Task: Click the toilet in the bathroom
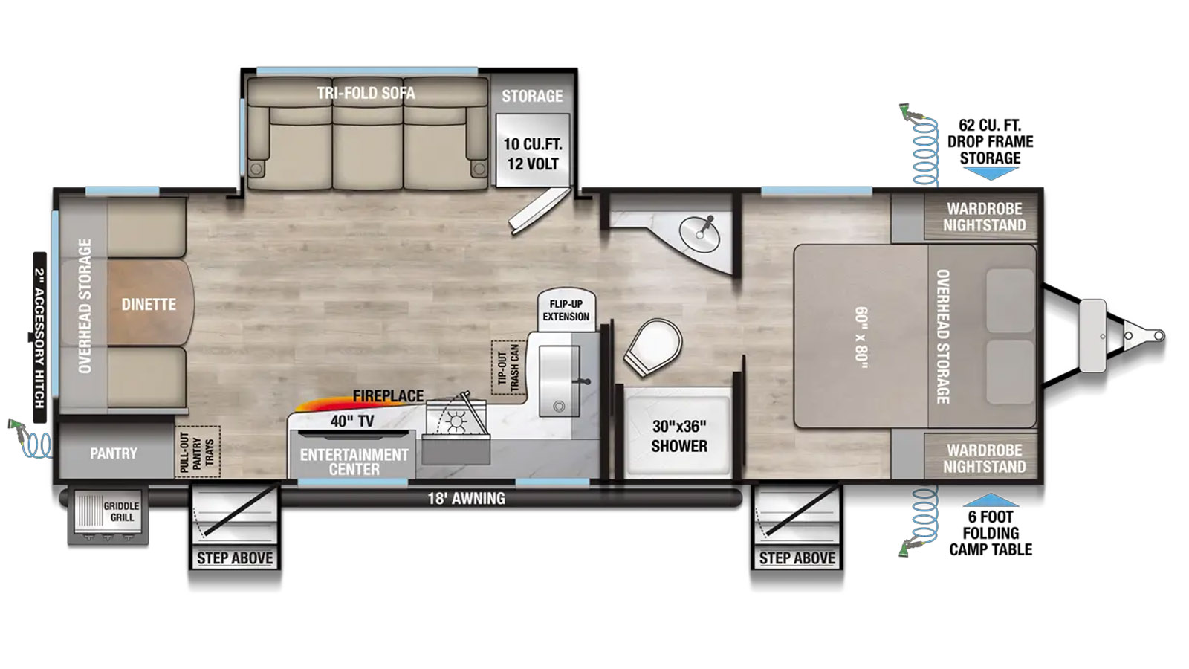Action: point(653,346)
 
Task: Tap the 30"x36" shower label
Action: point(679,436)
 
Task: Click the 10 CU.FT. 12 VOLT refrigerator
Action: point(532,149)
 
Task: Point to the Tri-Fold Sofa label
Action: point(366,93)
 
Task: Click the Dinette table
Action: point(150,303)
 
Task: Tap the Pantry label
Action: point(113,453)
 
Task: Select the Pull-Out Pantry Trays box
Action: point(198,452)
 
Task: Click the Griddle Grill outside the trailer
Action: point(108,516)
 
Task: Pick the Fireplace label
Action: point(388,395)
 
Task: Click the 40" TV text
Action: point(352,421)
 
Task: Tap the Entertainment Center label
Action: point(354,462)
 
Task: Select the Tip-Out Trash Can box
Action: point(508,367)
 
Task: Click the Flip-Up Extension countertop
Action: point(566,309)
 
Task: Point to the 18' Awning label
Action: point(466,498)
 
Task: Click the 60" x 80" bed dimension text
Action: point(861,337)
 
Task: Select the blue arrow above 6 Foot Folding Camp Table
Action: point(991,500)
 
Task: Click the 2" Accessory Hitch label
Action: point(39,337)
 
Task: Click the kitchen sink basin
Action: point(559,381)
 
